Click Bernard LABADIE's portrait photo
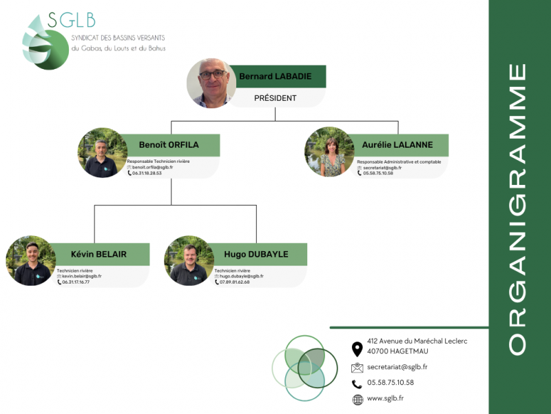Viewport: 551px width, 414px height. click(211, 83)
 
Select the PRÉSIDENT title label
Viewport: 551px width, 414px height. click(275, 98)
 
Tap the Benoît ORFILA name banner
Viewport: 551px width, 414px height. click(169, 145)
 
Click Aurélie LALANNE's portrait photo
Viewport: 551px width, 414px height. click(329, 152)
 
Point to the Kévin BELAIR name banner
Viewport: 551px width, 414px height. click(98, 254)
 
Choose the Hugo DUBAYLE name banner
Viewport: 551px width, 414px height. click(256, 254)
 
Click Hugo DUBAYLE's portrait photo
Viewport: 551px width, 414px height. click(189, 261)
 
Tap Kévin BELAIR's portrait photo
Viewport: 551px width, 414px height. click(31, 261)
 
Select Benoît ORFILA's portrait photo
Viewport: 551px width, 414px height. click(103, 152)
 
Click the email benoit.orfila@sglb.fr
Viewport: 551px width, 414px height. click(152, 167)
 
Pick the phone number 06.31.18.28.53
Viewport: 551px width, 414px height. click(146, 173)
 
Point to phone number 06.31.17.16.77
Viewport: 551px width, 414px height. click(76, 282)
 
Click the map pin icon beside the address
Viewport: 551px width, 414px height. click(357, 348)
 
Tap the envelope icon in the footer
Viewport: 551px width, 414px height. click(357, 368)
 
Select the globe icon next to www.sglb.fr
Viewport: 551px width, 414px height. click(357, 400)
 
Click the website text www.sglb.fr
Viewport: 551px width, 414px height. click(386, 398)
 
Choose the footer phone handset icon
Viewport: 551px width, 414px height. click(357, 384)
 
